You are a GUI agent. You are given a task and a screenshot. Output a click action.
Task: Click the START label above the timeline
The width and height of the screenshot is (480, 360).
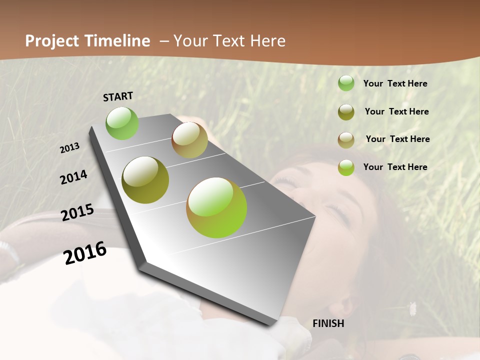[x=118, y=96]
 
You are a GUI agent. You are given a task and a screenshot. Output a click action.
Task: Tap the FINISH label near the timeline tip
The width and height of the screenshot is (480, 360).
[x=328, y=323]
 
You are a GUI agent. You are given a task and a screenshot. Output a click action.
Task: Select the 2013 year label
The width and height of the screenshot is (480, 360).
[x=69, y=147]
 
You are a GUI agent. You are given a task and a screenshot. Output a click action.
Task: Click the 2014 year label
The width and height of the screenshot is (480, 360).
[x=73, y=177]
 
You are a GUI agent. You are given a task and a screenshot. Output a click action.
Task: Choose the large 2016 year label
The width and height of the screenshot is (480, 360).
[x=85, y=253]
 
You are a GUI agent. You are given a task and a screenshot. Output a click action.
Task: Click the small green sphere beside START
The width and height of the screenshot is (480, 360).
[x=122, y=123]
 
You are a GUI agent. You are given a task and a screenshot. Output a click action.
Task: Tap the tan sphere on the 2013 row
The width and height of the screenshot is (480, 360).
[x=189, y=140]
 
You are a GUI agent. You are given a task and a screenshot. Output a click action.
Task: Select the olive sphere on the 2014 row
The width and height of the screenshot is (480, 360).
[x=145, y=180]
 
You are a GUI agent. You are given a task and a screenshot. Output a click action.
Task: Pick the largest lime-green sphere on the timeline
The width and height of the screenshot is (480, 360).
[x=216, y=207]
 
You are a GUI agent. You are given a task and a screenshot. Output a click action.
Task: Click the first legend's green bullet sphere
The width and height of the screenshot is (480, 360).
[x=346, y=83]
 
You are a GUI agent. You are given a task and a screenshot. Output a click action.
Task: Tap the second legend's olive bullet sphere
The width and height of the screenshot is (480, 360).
[x=346, y=112]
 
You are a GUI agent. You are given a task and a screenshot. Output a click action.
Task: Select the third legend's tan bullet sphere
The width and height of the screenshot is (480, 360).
[x=346, y=140]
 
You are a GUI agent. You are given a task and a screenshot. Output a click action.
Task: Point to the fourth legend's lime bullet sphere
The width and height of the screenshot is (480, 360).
[x=346, y=167]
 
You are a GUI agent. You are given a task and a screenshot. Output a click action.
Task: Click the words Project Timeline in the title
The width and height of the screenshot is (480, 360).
[x=87, y=41]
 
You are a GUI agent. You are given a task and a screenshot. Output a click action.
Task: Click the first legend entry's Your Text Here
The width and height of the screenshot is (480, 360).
[x=395, y=83]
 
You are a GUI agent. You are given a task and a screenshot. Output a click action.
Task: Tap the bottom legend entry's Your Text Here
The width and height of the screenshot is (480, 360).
[x=395, y=167]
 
